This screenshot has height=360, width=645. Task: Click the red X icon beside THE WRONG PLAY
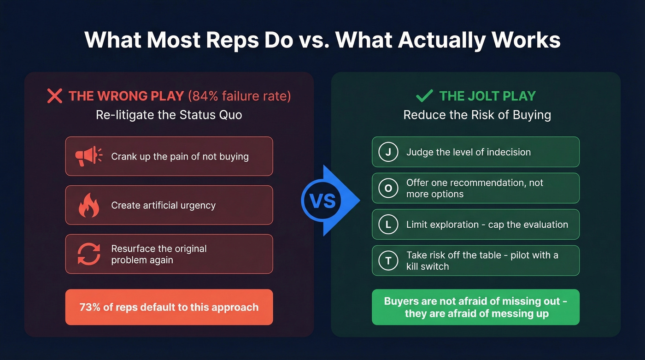tap(54, 96)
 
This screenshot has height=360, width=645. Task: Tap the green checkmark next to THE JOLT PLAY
tap(424, 95)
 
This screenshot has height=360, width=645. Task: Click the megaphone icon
tap(89, 156)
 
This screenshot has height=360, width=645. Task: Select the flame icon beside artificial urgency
tap(89, 205)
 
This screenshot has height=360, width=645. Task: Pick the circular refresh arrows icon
tap(89, 254)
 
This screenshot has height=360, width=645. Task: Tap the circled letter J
tap(388, 152)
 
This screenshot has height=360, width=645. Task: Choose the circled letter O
tap(388, 188)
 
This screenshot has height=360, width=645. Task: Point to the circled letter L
tap(388, 224)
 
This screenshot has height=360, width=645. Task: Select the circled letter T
tap(388, 261)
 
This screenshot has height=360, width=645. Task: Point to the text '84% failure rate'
tap(239, 96)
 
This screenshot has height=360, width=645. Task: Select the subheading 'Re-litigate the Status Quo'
tap(169, 115)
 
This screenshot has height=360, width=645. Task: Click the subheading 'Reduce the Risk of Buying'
tap(477, 115)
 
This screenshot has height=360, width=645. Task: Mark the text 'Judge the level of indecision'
tap(468, 152)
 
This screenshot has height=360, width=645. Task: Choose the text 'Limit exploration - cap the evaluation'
tap(487, 224)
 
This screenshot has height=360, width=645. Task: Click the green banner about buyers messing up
tap(475, 307)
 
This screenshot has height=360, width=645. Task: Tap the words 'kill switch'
tap(428, 266)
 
